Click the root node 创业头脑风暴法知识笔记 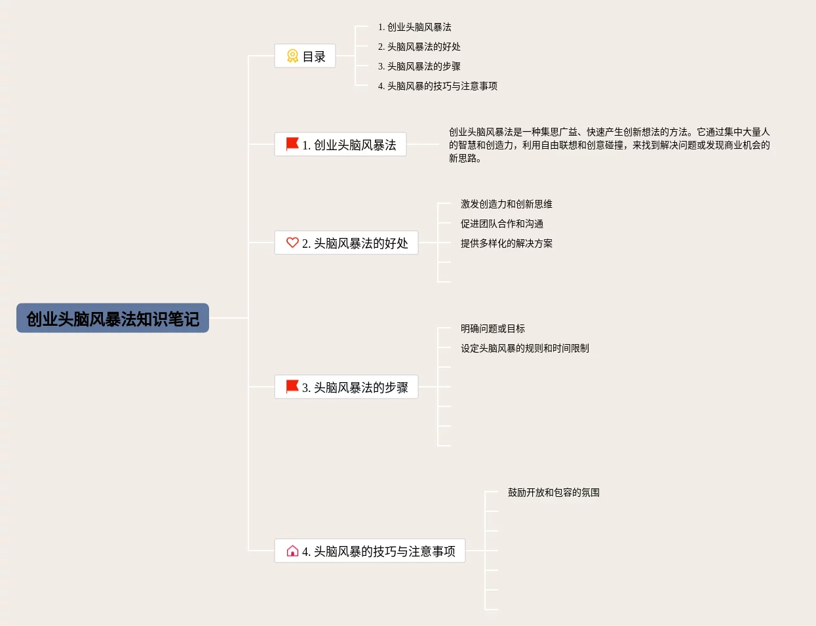(x=113, y=319)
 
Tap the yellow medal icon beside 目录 (x=292, y=56)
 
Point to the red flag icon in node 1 (x=292, y=144)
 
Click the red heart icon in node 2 (x=292, y=243)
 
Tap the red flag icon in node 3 (x=292, y=386)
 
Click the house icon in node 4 (x=292, y=551)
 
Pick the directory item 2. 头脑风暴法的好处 (x=419, y=47)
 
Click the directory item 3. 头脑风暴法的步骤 (x=419, y=66)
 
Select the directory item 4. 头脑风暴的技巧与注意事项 (x=438, y=86)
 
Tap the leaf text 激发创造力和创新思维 (x=507, y=204)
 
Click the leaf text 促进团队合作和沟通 (x=502, y=224)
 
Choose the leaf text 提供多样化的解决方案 (x=507, y=243)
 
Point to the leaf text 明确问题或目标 (x=493, y=328)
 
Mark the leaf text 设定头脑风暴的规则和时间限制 (x=525, y=348)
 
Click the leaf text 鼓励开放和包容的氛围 (x=554, y=492)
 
